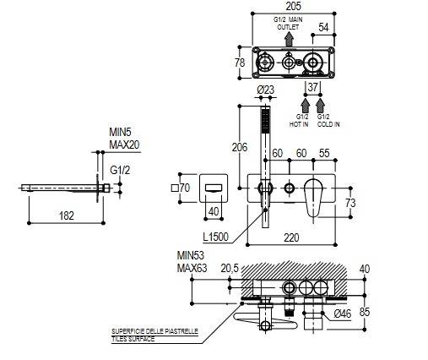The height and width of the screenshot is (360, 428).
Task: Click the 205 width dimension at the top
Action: click(x=293, y=6)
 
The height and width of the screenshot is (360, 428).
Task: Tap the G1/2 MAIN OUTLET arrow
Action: click(x=289, y=39)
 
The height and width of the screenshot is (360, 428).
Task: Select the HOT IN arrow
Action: click(x=306, y=106)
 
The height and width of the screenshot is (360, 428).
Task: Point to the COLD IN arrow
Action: click(x=320, y=106)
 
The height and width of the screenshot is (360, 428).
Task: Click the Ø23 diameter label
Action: click(x=265, y=90)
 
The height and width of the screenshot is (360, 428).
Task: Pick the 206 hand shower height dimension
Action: click(x=240, y=147)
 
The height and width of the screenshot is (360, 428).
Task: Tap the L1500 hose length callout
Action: click(x=215, y=237)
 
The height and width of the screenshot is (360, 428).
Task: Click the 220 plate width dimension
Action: click(x=291, y=237)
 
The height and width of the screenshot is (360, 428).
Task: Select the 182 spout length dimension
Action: click(x=67, y=215)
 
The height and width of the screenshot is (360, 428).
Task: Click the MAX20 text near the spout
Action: click(x=124, y=145)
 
